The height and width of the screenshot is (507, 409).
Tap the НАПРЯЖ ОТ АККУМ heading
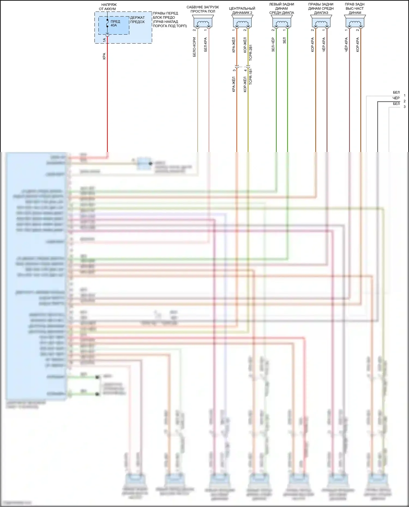click(x=109, y=7)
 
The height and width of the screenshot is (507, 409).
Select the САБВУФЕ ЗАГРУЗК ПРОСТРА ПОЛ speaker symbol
click(x=203, y=22)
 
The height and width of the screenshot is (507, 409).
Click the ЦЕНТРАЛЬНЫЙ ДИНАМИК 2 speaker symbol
click(x=242, y=22)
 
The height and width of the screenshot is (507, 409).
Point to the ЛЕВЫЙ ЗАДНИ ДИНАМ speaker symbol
click(x=282, y=22)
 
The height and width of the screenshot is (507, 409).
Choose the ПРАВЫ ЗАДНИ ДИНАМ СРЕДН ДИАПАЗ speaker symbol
click(x=321, y=22)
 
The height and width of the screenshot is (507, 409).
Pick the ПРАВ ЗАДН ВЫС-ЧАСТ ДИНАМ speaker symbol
click(x=355, y=22)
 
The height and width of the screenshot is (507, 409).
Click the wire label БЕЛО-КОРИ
click(x=194, y=47)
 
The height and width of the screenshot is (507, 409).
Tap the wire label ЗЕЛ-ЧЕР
click(x=273, y=45)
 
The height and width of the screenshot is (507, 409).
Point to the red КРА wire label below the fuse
click(x=104, y=56)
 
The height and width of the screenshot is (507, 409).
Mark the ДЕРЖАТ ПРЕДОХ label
click(x=137, y=20)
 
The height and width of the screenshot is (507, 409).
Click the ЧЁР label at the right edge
click(x=396, y=98)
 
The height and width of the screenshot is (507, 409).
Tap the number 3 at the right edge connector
click(x=405, y=107)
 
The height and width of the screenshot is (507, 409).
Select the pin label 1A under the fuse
click(x=104, y=40)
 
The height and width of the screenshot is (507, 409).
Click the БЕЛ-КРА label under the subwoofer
click(x=206, y=44)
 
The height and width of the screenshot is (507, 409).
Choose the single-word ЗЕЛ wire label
click(x=284, y=41)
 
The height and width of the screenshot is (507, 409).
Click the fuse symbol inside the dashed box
click(x=107, y=23)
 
